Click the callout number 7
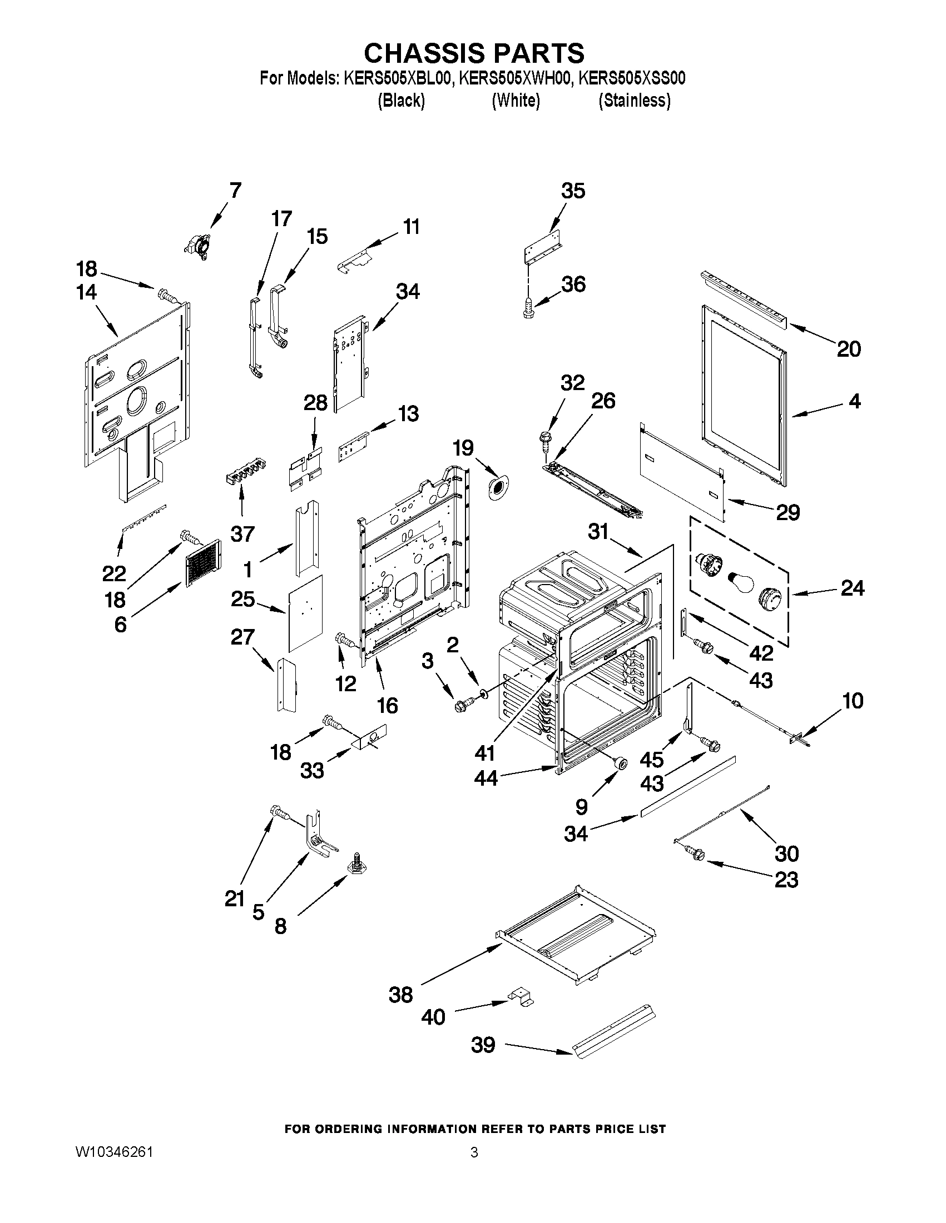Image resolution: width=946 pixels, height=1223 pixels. tap(235, 191)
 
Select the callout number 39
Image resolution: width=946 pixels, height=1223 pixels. tap(483, 1045)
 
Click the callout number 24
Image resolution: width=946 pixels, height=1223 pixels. tap(852, 588)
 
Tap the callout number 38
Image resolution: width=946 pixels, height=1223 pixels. tap(401, 995)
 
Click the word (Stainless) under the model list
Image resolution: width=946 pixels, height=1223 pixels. tap(634, 101)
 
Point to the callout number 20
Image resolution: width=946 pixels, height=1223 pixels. tap(849, 349)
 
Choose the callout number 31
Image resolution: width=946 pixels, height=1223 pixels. tap(598, 531)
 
